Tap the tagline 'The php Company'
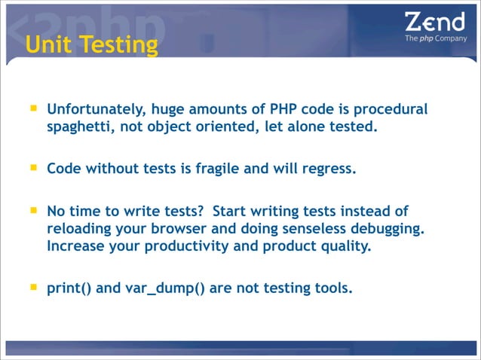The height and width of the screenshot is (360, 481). [436, 38]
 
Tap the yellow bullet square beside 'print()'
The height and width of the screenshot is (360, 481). [33, 285]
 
